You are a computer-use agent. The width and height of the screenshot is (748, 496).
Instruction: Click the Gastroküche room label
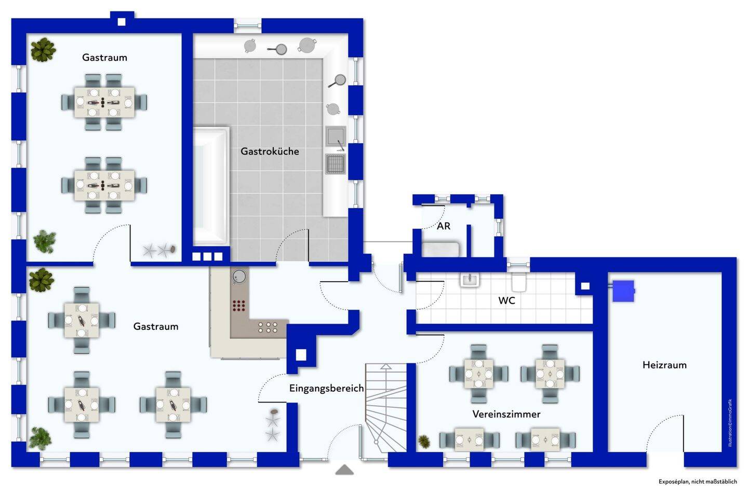click(270, 151)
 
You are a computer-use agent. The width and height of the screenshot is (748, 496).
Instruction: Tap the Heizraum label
click(664, 365)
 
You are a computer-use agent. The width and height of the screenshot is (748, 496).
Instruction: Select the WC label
click(506, 300)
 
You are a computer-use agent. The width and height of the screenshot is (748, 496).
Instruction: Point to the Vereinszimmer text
click(506, 414)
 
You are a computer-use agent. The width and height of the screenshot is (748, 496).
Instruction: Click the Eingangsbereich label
click(326, 389)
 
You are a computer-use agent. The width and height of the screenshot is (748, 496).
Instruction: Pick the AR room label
click(444, 226)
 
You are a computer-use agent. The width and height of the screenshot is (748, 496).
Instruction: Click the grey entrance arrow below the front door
click(344, 470)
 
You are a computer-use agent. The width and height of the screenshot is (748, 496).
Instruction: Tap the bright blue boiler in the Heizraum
click(623, 291)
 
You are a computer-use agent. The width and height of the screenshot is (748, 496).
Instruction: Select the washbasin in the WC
click(470, 280)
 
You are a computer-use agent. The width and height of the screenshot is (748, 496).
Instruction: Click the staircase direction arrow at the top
click(386, 366)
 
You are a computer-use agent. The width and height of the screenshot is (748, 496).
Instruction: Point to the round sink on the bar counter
click(239, 277)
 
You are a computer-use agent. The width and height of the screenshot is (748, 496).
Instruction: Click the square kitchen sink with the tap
click(336, 136)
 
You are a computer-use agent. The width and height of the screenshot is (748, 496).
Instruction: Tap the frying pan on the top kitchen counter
click(278, 49)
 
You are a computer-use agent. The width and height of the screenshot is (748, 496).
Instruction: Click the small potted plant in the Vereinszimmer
click(424, 442)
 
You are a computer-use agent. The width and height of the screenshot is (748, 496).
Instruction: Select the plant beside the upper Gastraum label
click(43, 50)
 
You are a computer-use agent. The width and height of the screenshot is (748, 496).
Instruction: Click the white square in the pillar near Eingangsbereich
click(301, 355)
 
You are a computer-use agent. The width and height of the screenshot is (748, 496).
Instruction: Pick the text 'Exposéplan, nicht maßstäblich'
click(698, 481)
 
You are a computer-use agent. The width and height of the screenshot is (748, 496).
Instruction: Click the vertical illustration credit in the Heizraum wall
click(730, 423)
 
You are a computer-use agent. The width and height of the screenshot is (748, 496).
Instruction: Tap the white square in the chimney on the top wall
click(122, 22)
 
